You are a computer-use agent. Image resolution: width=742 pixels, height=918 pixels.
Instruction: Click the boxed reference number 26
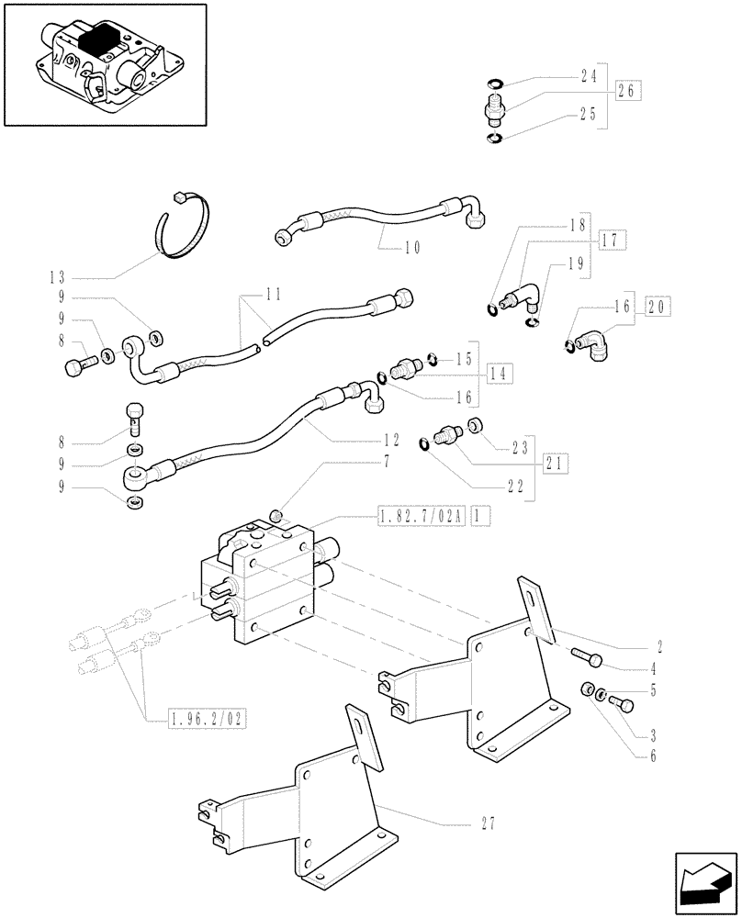pos(628,92)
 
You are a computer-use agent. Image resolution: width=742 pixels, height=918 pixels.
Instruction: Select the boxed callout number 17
pos(613,241)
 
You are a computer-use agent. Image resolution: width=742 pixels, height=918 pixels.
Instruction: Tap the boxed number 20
pos(658,307)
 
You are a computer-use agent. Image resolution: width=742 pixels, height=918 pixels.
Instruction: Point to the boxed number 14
pos(500,374)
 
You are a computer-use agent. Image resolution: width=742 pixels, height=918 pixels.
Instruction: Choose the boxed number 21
pos(554,464)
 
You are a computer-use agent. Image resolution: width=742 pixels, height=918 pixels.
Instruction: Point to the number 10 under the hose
pos(412,248)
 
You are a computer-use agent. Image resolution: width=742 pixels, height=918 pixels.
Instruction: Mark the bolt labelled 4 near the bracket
pos(585,658)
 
